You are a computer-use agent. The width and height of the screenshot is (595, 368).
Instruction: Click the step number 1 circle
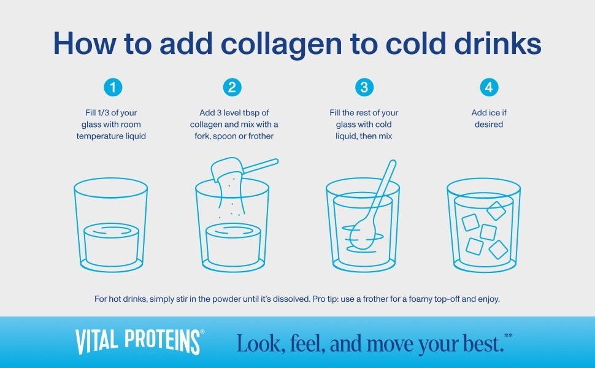(x=113, y=87)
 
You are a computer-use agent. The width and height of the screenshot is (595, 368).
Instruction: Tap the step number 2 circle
(x=232, y=87)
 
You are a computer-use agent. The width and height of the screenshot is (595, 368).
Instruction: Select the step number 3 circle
(x=364, y=87)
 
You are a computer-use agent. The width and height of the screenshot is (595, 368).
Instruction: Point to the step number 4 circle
(x=489, y=87)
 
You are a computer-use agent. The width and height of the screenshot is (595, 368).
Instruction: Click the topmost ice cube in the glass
(x=496, y=210)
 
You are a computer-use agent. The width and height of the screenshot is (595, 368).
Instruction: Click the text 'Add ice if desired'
(x=489, y=118)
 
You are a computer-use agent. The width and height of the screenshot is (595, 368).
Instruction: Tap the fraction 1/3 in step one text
(x=103, y=113)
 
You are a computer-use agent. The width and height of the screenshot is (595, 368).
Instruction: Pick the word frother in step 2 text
(x=261, y=136)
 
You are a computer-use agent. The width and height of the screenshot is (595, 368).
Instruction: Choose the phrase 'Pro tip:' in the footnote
(x=325, y=299)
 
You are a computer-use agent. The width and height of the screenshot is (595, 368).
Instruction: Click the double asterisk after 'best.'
(x=509, y=335)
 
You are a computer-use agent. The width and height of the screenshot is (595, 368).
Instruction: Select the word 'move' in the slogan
(x=391, y=343)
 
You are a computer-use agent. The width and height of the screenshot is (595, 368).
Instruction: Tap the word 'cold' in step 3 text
(x=383, y=125)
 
